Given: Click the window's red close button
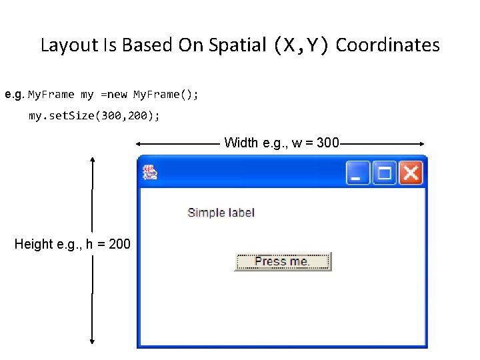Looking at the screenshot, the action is tap(411, 173).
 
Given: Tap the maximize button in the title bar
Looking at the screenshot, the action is tap(385, 173).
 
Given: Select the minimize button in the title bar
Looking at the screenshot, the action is tap(358, 173).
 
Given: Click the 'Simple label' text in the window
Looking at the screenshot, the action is tap(221, 213).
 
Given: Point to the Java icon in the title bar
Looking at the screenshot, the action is tap(150, 173).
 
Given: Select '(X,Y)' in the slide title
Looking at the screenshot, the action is tap(301, 45).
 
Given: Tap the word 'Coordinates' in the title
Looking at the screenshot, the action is tap(387, 45).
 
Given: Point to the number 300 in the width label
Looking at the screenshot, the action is tap(328, 143).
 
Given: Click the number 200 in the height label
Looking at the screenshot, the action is tap(119, 244).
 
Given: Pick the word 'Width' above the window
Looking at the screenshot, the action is tap(241, 143).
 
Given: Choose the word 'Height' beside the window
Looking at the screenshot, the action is tap(33, 244).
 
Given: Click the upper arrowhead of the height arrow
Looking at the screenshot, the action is tap(93, 161).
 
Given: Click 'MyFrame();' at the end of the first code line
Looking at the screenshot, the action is tap(166, 95).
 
